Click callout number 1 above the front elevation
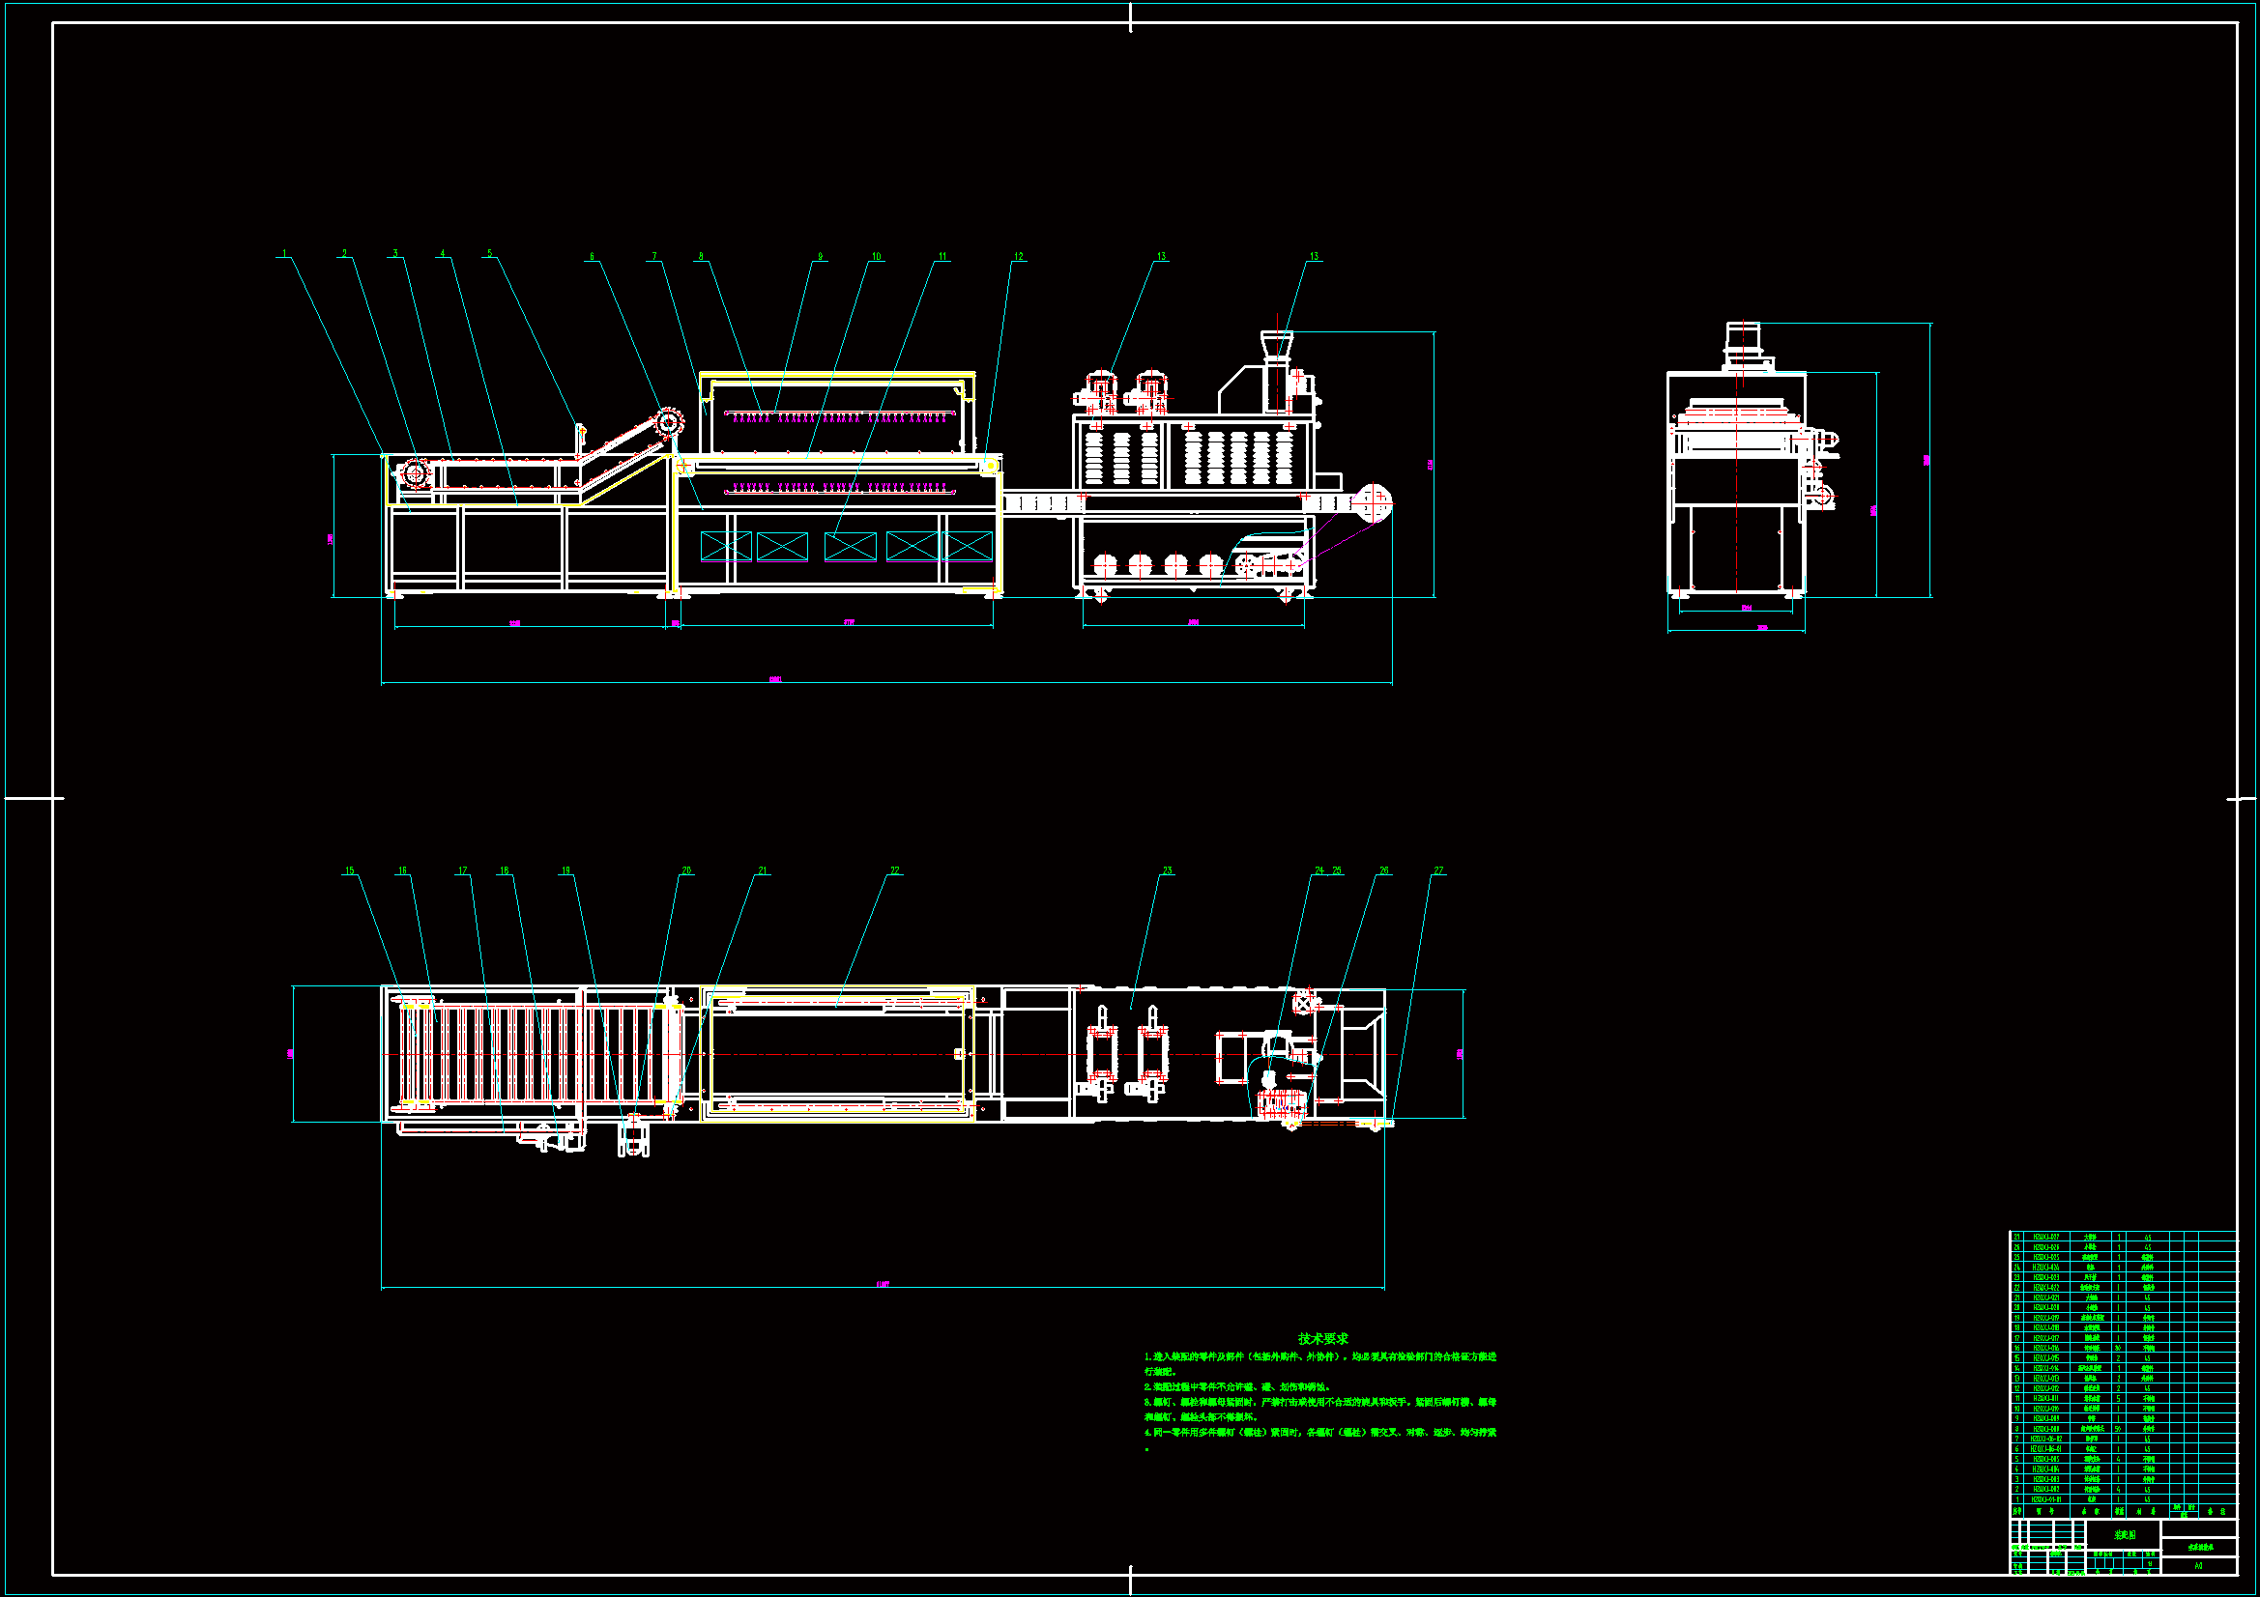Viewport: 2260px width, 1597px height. click(x=285, y=254)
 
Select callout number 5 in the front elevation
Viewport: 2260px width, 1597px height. click(x=490, y=254)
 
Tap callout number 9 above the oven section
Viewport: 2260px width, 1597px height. click(x=820, y=257)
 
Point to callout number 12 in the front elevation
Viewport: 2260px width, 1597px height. click(x=1019, y=257)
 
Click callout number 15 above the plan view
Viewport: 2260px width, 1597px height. click(x=349, y=870)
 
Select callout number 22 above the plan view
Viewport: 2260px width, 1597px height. click(x=895, y=870)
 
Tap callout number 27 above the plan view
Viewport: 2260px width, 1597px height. click(x=1438, y=870)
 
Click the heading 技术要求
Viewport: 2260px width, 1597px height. click(x=1323, y=1339)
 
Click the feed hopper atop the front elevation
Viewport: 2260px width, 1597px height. click(x=1277, y=344)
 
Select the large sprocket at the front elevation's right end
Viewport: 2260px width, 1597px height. click(x=1371, y=502)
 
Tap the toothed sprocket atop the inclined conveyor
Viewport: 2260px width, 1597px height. click(x=669, y=424)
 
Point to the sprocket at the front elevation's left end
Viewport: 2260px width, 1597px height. click(x=416, y=475)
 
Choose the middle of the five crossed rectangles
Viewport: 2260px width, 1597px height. click(x=851, y=546)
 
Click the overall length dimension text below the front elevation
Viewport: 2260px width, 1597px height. click(x=775, y=680)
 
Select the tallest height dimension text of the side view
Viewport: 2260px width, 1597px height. click(x=1927, y=460)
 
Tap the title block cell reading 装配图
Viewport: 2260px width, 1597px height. click(x=2124, y=1535)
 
